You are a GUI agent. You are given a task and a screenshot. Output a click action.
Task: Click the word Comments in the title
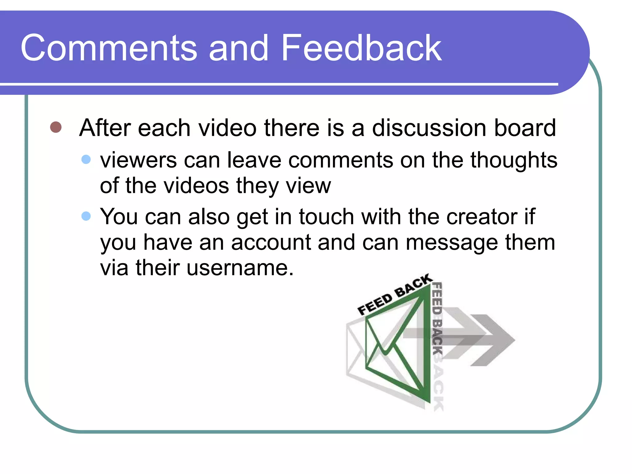(109, 48)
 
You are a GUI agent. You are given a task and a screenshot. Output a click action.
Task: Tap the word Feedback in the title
(361, 48)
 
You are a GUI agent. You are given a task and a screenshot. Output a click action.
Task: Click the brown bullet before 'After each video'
(56, 127)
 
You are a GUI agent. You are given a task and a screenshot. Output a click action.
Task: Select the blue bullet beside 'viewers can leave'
(86, 160)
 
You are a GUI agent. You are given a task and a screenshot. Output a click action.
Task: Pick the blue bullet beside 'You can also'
(86, 216)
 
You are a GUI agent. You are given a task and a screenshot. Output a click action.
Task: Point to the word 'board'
(525, 128)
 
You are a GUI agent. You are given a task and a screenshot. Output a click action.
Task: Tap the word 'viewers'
(138, 160)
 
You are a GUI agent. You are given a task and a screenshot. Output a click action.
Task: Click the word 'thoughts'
(513, 160)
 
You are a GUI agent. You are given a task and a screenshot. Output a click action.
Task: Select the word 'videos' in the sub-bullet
(196, 186)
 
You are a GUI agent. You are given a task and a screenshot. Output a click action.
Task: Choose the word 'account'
(271, 243)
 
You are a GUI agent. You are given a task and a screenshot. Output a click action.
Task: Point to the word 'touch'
(326, 217)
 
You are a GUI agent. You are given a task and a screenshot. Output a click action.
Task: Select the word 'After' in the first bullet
(104, 128)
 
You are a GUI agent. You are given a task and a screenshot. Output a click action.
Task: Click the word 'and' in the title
(238, 48)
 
